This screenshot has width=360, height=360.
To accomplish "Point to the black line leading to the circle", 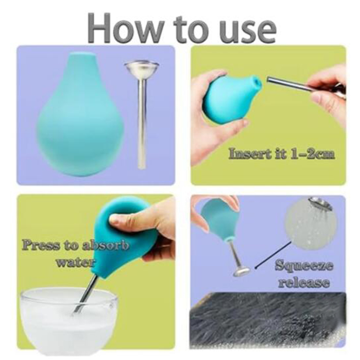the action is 273,255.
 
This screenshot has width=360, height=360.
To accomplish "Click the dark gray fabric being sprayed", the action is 267,320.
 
